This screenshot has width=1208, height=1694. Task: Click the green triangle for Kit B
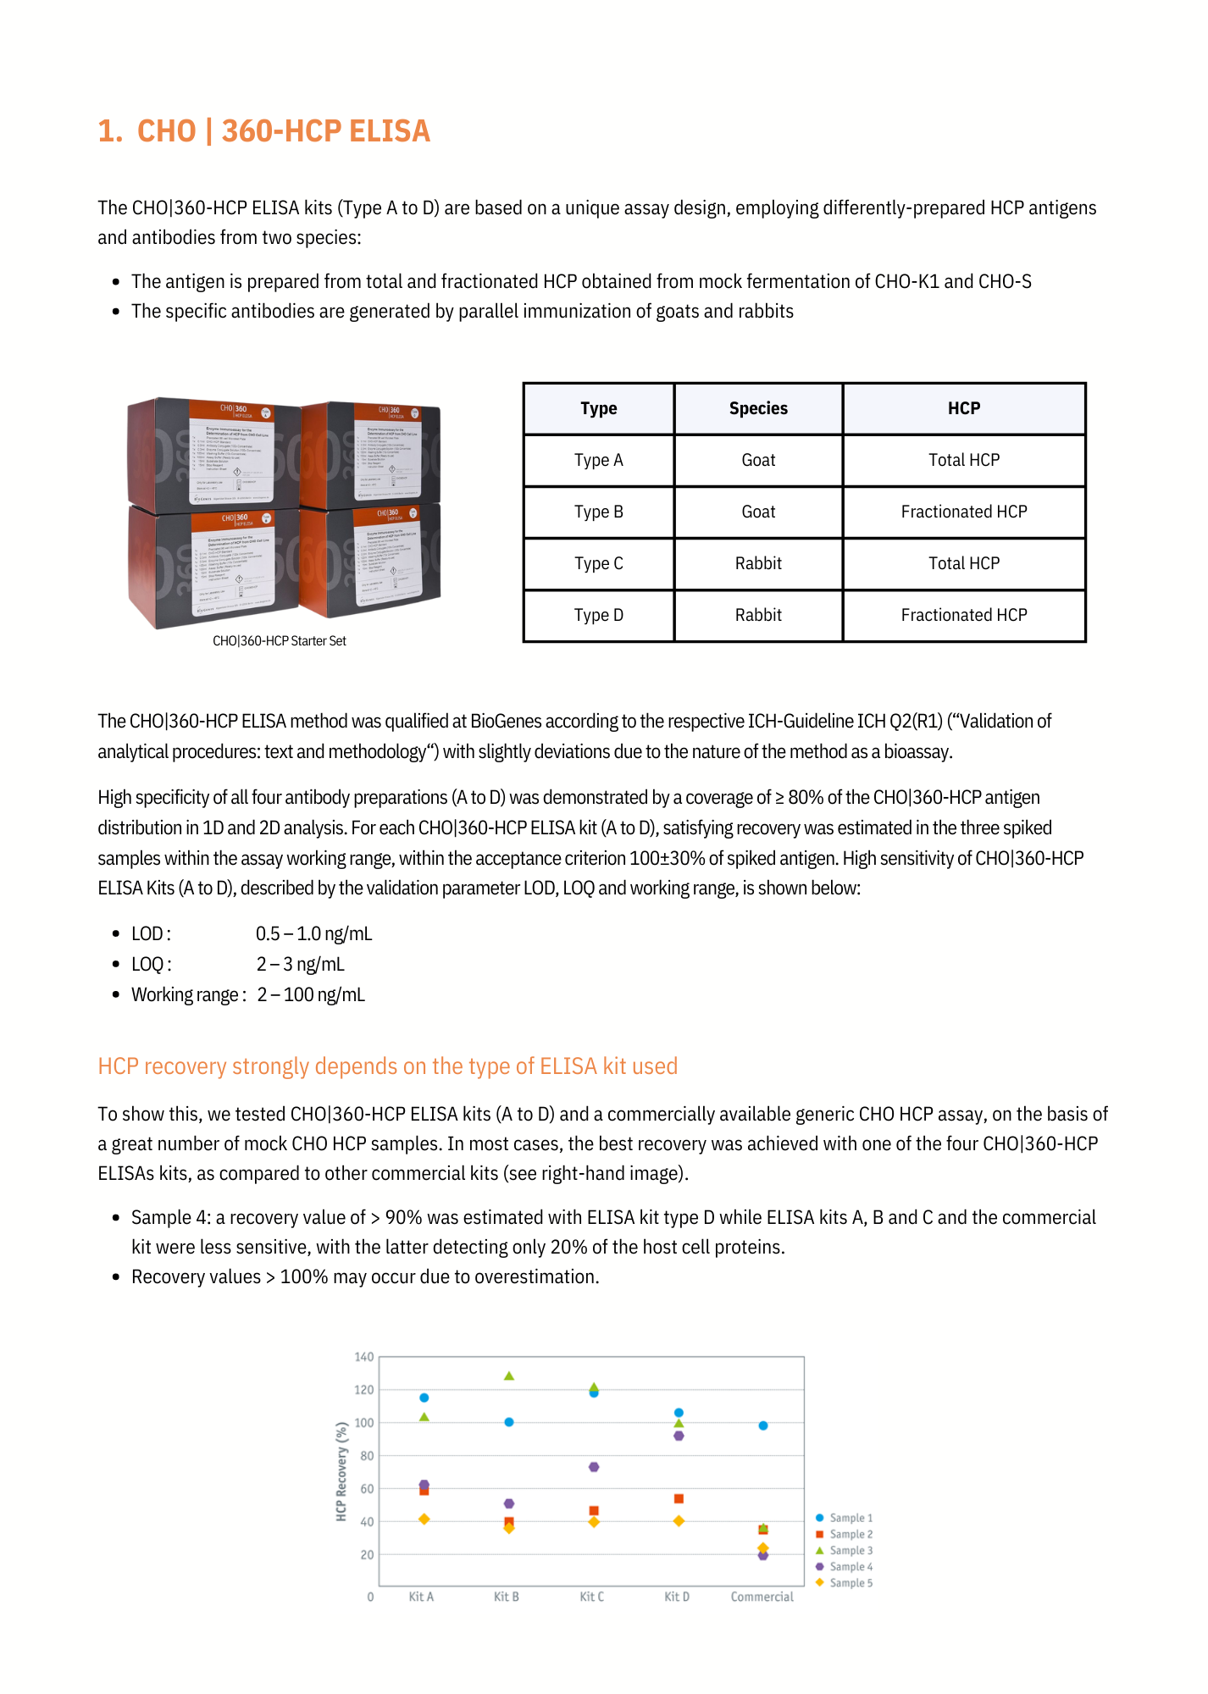[509, 1376]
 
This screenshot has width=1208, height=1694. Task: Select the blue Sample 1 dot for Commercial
[763, 1426]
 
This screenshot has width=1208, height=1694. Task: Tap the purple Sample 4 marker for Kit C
[594, 1467]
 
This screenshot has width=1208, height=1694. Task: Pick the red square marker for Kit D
[679, 1499]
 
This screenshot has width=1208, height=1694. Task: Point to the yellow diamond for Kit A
[424, 1520]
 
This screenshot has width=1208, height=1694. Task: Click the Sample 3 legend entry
[845, 1550]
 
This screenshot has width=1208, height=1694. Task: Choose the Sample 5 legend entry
[845, 1582]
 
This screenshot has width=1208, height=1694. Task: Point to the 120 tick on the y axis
[364, 1390]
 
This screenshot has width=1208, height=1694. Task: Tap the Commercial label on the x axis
[762, 1597]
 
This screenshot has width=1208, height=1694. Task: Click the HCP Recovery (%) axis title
[341, 1471]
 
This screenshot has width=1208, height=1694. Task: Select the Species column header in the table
[758, 408]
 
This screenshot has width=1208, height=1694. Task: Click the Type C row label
[598, 563]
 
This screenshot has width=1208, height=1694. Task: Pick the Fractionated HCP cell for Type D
[963, 615]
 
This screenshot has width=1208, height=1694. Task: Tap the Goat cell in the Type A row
[758, 460]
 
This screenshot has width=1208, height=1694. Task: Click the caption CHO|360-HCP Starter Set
[280, 641]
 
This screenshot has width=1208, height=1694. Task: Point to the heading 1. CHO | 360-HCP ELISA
[263, 131]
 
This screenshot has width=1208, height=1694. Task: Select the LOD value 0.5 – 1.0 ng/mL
[313, 933]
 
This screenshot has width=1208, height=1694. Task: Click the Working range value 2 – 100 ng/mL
[311, 994]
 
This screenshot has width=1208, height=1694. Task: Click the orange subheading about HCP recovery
[387, 1066]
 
